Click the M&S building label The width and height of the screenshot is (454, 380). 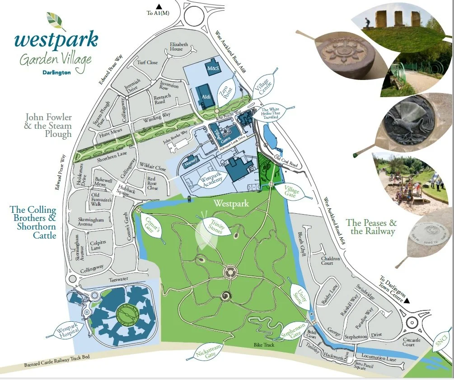(x=212, y=68)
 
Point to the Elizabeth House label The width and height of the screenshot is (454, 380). (x=179, y=47)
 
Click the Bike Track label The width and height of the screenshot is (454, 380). (x=264, y=345)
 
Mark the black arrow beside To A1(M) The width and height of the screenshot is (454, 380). (x=159, y=6)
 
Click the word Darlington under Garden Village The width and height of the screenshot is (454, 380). (x=56, y=72)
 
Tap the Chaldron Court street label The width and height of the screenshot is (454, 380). (x=330, y=261)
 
